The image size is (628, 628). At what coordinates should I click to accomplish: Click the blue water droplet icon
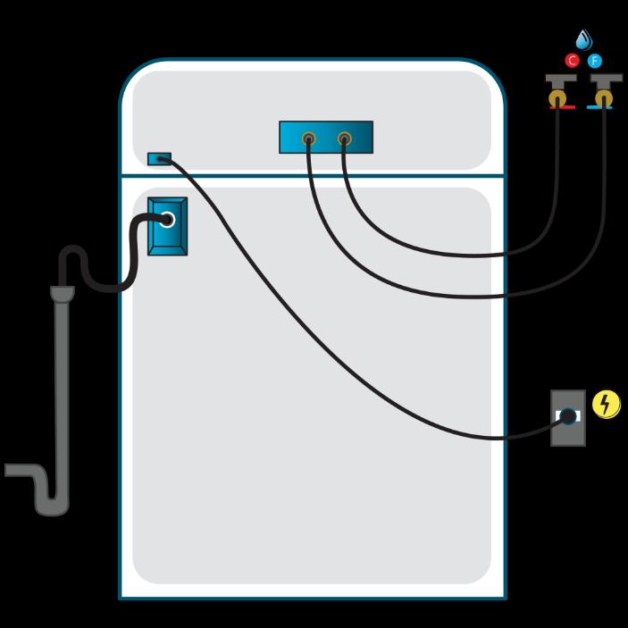(x=584, y=39)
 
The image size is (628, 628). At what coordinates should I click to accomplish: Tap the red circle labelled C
(x=573, y=61)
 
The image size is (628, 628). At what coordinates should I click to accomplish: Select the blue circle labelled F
(x=595, y=61)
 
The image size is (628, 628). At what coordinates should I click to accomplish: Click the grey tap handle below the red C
(x=560, y=80)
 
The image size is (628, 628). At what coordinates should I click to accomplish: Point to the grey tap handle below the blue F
(x=607, y=80)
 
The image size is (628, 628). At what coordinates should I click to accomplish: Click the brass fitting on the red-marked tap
(x=560, y=96)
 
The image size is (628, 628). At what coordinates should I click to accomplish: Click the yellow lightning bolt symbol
(x=607, y=405)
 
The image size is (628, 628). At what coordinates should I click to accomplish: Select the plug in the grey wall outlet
(x=567, y=415)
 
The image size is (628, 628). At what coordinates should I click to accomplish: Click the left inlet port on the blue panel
(x=308, y=138)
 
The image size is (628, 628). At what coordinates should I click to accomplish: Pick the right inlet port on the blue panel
(x=344, y=138)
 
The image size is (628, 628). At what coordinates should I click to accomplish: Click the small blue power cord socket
(x=159, y=159)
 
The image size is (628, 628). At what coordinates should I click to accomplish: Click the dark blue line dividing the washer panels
(x=313, y=177)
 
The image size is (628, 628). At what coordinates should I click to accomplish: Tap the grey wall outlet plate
(x=568, y=433)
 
